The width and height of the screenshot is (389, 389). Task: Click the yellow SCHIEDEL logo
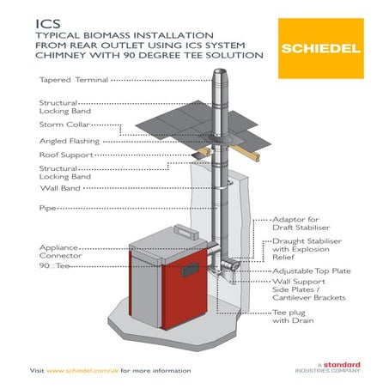pos(320,48)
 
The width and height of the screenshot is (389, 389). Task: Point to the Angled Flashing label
pos(70,140)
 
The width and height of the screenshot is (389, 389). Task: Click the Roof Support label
pos(66,155)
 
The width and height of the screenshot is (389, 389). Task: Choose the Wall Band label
pos(61,186)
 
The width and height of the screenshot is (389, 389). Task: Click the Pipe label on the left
pos(48,208)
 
